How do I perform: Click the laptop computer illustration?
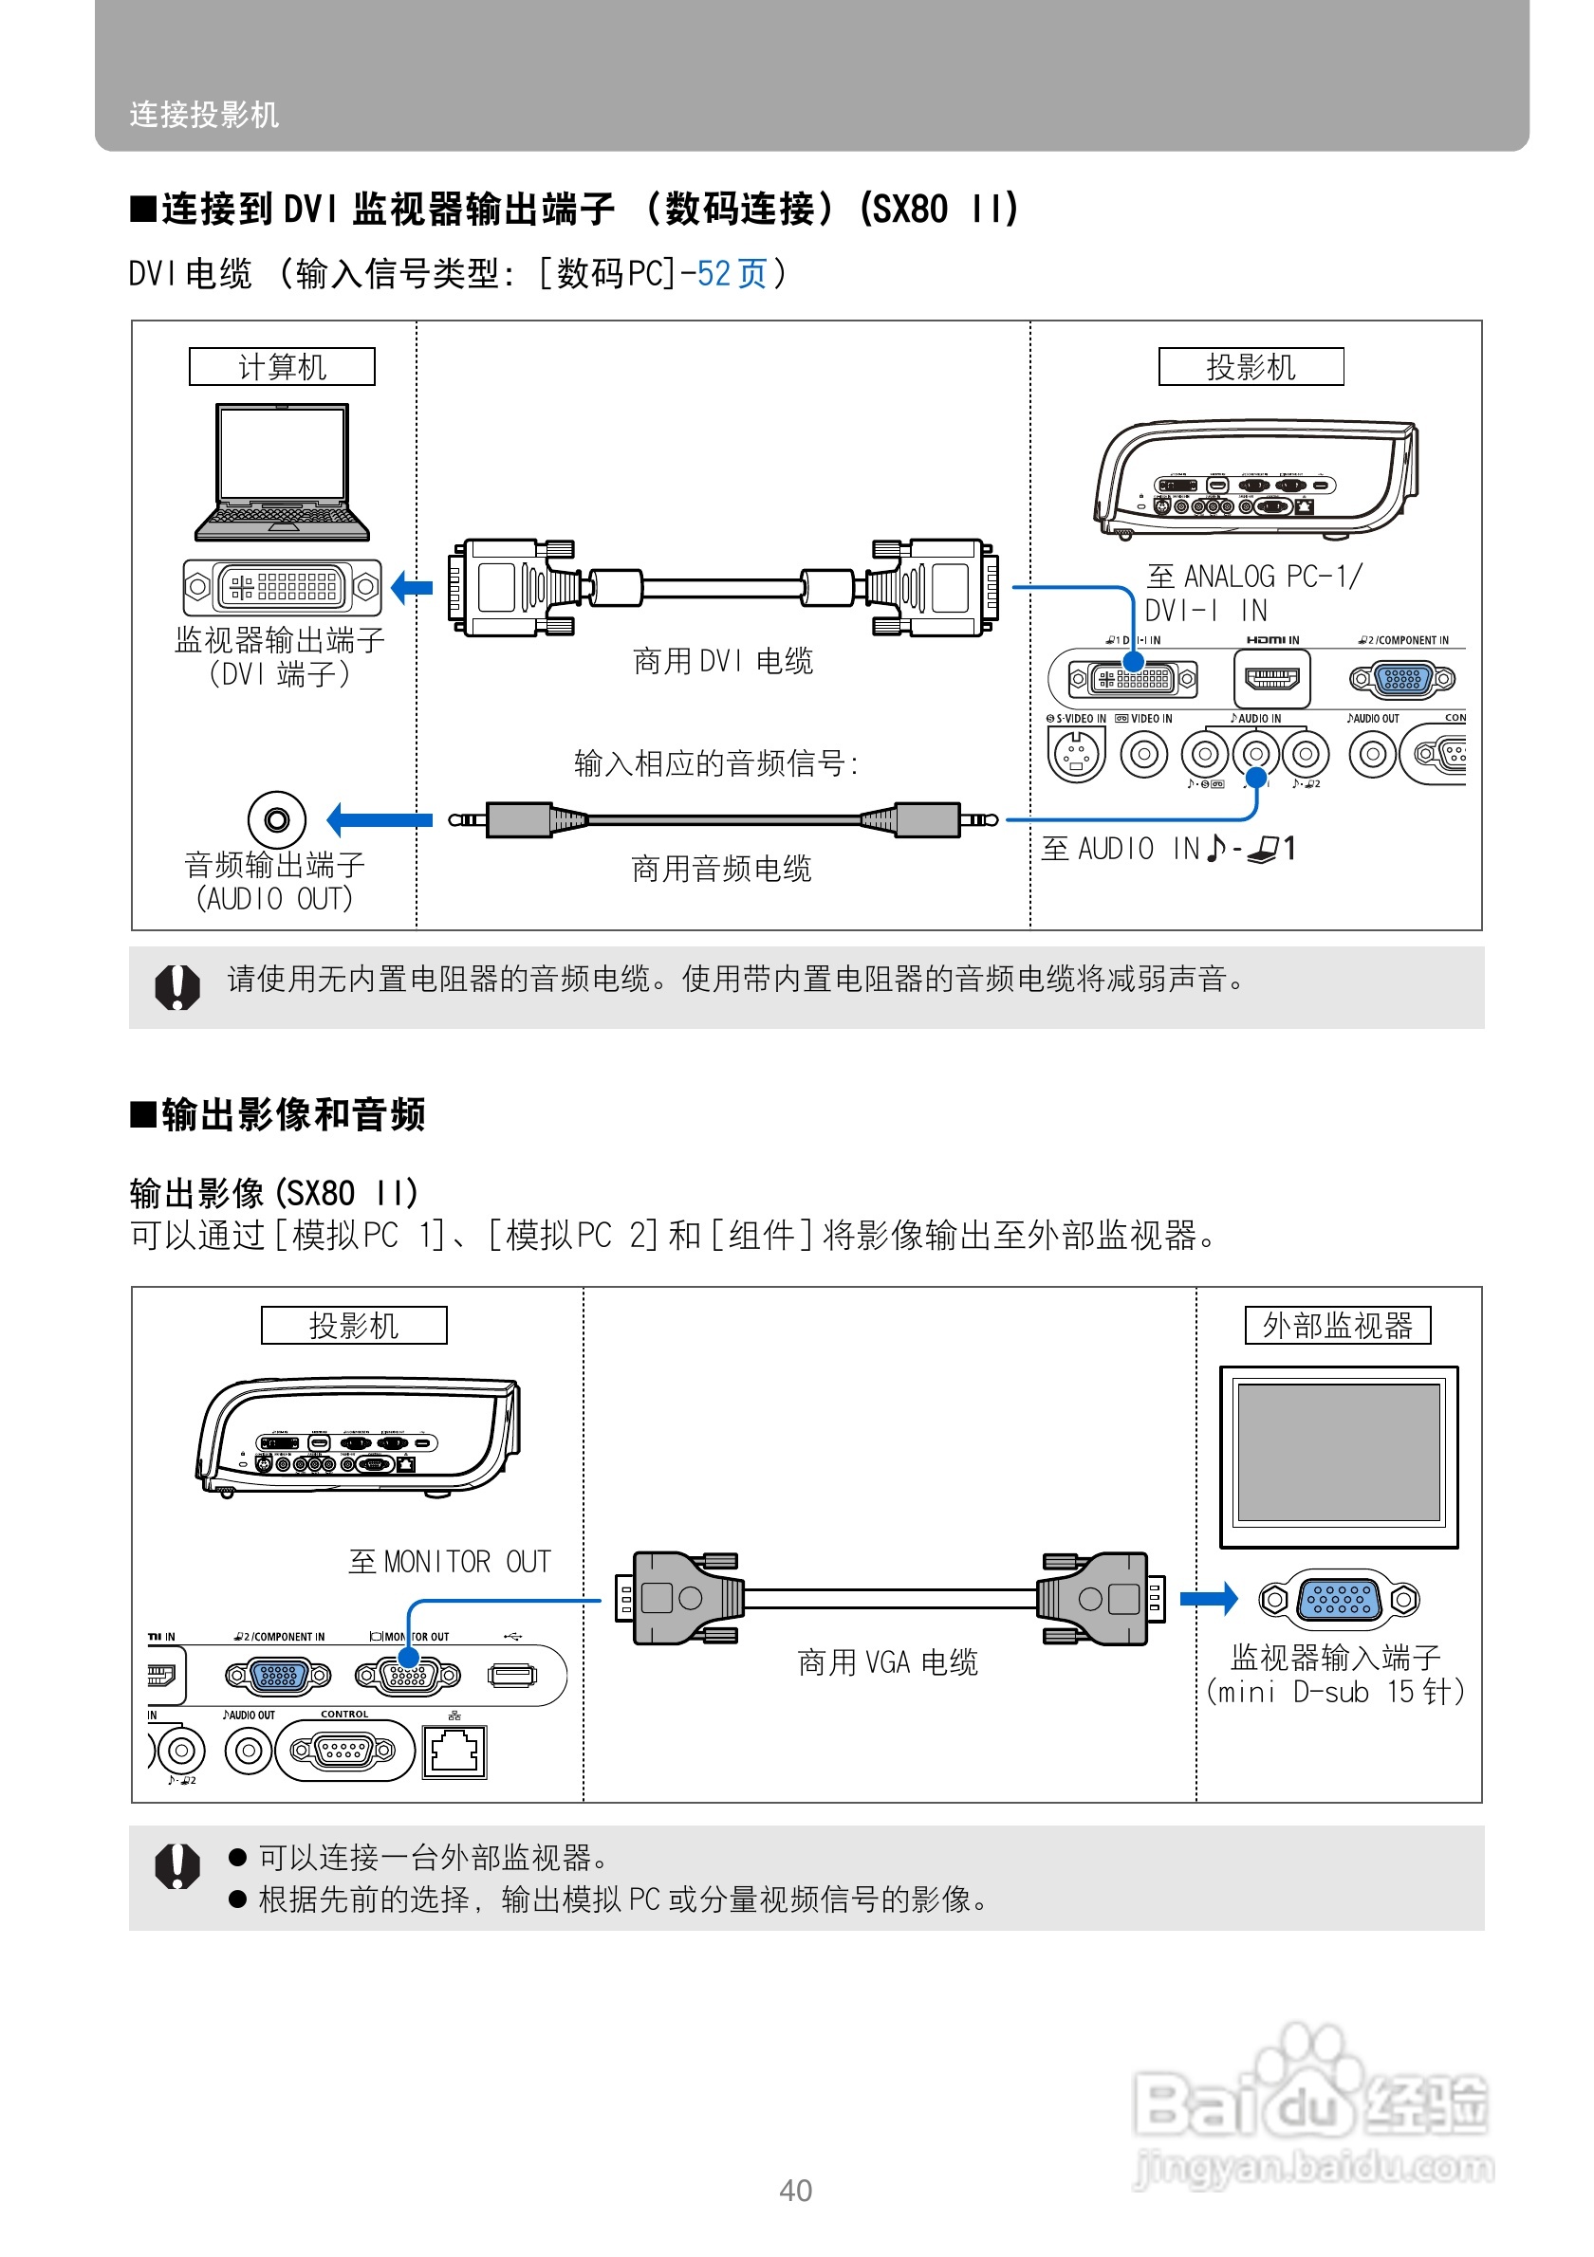282,471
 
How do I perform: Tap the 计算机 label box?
281,367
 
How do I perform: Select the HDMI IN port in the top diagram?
1270,678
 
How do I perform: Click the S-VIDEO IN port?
1076,754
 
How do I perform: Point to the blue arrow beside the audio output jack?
379,818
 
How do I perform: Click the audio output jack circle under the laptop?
276,818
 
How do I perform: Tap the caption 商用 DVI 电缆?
723,662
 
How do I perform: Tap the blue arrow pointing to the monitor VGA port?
1209,1598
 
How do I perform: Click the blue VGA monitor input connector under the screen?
1339,1600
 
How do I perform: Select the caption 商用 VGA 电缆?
887,1662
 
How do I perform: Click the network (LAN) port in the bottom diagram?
454,1751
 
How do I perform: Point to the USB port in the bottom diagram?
512,1674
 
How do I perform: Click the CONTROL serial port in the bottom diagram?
343,1750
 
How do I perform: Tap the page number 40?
795,2191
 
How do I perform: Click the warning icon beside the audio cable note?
177,986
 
